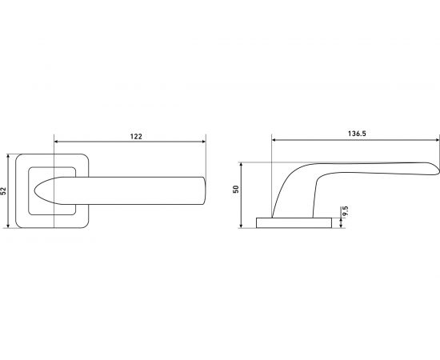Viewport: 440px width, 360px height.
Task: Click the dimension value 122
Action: point(136,136)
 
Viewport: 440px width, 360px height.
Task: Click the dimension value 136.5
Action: point(357,134)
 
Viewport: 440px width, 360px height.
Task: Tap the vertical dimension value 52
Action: point(4,191)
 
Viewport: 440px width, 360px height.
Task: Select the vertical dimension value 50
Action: point(236,189)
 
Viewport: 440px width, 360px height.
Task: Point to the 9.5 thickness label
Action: point(345,210)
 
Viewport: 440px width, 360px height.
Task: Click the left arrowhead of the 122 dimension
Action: point(56,142)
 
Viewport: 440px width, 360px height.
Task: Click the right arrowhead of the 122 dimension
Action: point(204,142)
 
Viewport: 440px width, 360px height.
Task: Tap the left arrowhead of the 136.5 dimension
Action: point(274,139)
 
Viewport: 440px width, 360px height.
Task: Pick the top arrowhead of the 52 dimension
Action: point(8,156)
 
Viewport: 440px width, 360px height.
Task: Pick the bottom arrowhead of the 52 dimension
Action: point(8,226)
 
